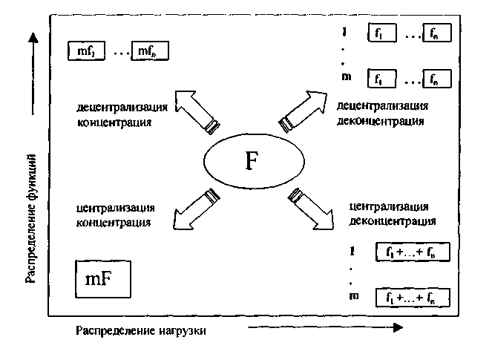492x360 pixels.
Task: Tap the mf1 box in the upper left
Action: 88,51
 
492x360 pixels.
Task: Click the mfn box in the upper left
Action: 149,51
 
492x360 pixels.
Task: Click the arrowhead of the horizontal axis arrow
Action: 398,327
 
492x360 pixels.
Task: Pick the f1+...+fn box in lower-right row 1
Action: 413,252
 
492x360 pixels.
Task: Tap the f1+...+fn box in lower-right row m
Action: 413,298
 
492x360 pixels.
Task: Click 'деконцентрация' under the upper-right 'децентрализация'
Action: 380,120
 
